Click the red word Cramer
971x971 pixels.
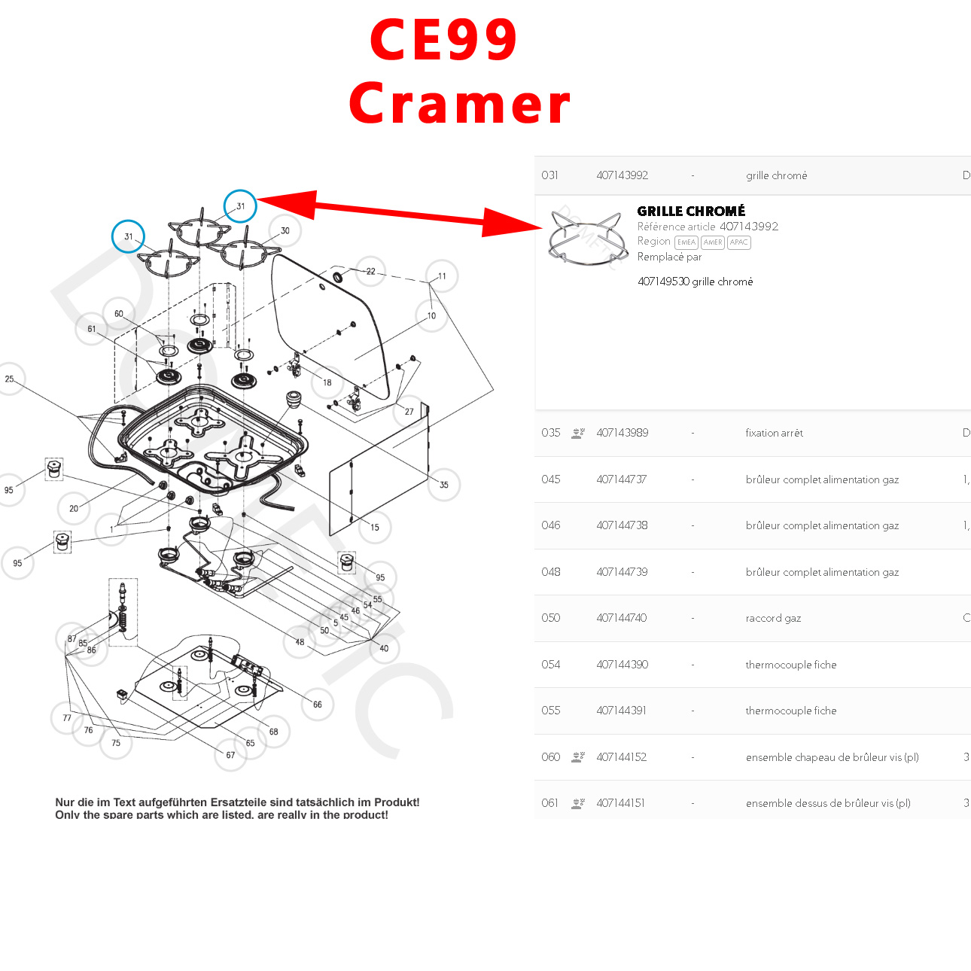[460, 104]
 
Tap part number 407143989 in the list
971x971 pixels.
[622, 433]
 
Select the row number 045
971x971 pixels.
[551, 479]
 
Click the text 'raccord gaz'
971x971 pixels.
[773, 618]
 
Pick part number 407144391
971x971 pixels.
[621, 711]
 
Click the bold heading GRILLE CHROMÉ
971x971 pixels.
[691, 212]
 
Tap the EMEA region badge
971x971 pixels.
[686, 242]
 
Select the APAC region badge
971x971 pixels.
[738, 242]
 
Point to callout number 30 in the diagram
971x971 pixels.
[285, 231]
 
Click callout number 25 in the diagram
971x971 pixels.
[10, 379]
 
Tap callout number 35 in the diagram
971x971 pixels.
[444, 485]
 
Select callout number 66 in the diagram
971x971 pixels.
[318, 705]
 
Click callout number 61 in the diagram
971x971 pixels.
[92, 329]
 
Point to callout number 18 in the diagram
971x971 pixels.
[327, 382]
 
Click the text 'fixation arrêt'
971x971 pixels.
[774, 433]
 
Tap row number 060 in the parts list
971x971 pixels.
[551, 757]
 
